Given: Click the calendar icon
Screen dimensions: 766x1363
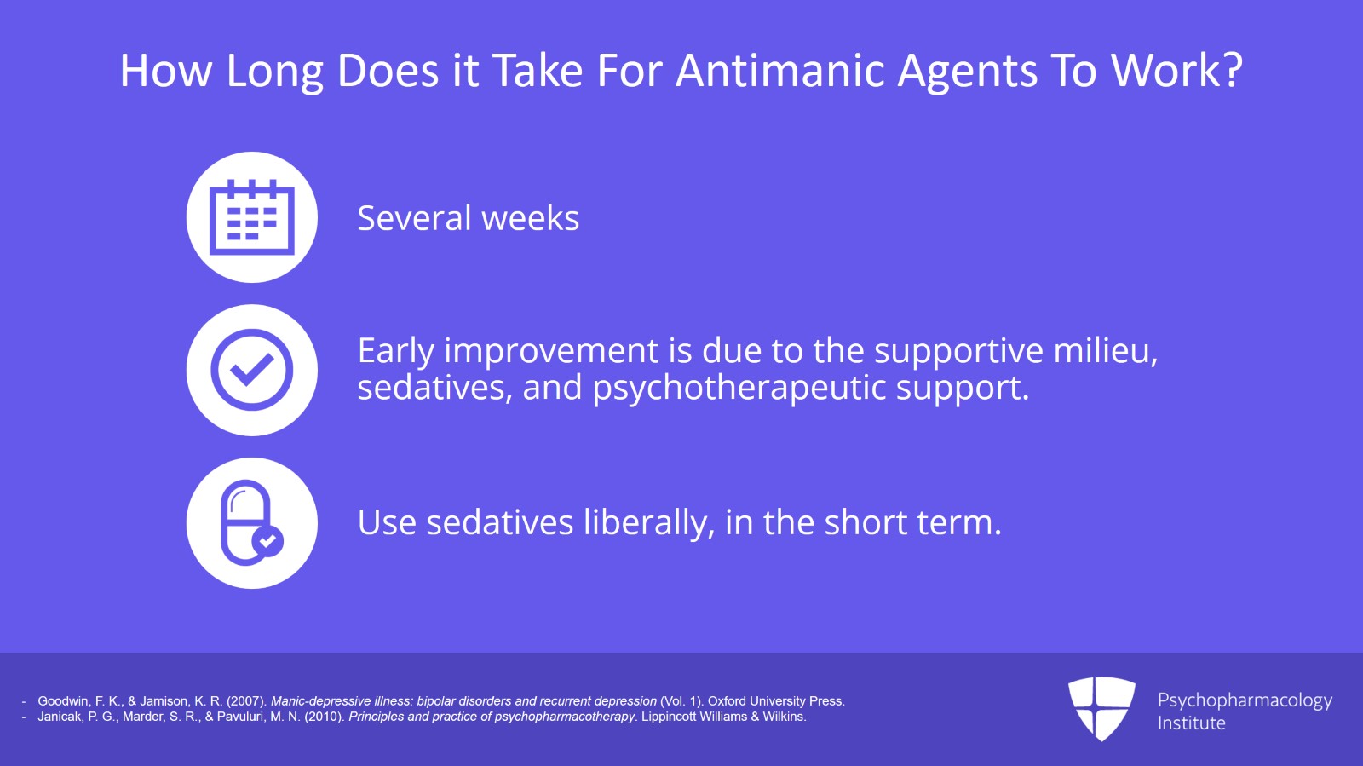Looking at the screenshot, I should [251, 217].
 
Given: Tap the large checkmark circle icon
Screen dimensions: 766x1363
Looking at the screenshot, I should [251, 370].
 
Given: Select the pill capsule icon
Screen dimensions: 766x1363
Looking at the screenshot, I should [246, 522].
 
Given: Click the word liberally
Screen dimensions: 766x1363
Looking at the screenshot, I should [648, 522].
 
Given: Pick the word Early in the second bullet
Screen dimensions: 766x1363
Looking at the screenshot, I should [395, 351].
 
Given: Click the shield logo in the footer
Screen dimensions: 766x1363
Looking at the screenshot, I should [1101, 708].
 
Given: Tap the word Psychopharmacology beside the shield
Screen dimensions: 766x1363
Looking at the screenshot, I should [1245, 700].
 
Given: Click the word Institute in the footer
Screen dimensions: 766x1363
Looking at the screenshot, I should [1191, 723].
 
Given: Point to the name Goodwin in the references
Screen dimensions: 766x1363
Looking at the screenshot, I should [65, 701].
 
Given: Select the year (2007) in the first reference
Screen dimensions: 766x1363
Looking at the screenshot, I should [246, 701].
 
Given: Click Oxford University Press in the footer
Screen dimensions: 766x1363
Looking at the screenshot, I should [775, 701].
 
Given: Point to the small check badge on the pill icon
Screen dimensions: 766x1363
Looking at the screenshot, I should [267, 541].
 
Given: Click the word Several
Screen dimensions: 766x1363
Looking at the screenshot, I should [413, 219].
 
